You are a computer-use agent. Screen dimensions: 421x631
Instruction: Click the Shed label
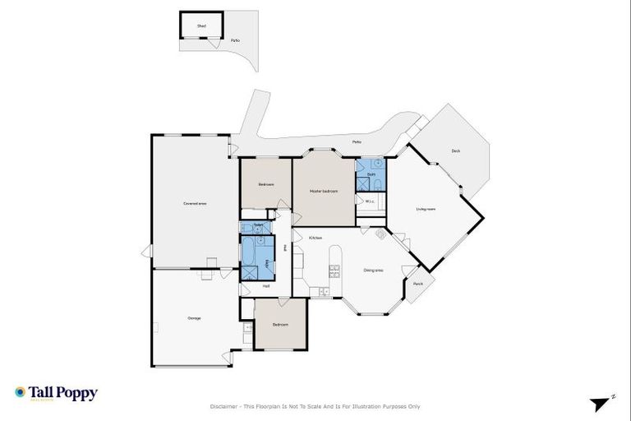click(x=201, y=26)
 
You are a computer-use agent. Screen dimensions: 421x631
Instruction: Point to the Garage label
click(x=194, y=317)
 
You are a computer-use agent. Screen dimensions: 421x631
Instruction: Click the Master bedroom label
click(x=323, y=191)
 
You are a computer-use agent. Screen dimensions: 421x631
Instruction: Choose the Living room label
click(x=426, y=208)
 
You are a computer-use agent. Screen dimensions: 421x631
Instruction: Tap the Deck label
click(x=455, y=150)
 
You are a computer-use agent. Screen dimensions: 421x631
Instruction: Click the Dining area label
click(x=373, y=271)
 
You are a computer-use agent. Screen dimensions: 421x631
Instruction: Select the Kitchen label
click(x=315, y=238)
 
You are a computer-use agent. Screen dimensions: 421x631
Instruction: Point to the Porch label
click(x=418, y=284)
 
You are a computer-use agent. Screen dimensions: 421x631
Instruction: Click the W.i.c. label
click(x=370, y=201)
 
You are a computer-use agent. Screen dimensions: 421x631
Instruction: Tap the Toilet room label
click(x=258, y=224)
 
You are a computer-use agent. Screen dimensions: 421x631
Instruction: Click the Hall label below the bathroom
click(x=265, y=286)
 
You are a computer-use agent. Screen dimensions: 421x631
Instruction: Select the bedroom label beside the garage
click(x=280, y=324)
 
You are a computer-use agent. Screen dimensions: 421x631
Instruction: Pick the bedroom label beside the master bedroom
click(x=265, y=184)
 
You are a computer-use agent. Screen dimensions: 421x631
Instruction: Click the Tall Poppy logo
click(x=56, y=394)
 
